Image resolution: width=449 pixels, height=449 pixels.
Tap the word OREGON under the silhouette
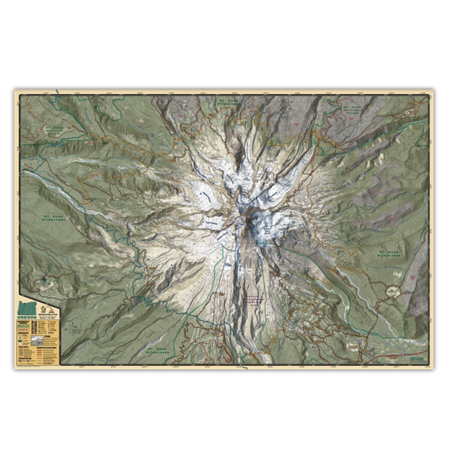27,318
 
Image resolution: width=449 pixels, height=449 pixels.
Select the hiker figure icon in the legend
43,310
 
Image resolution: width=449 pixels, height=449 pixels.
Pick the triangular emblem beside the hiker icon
51,311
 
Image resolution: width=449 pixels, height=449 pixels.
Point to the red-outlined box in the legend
24,329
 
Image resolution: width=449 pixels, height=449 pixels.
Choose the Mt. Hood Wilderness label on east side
388,253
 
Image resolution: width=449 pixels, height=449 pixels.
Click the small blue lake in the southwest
43,281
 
